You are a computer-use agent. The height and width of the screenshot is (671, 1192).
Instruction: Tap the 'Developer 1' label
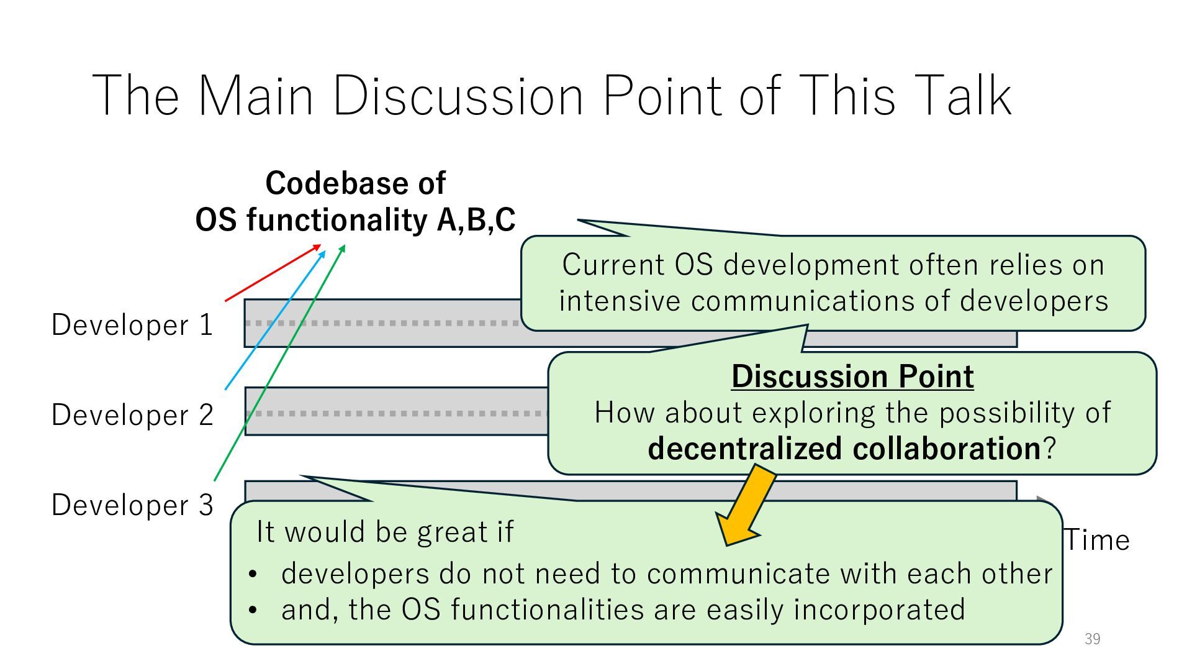coord(132,325)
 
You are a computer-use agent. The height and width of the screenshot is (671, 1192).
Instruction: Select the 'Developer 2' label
coord(132,415)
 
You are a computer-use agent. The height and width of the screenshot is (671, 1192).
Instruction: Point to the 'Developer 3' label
coord(132,504)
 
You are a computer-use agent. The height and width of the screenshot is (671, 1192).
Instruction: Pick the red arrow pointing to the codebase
coord(273,273)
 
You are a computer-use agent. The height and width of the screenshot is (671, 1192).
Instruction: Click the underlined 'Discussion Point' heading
coord(852,377)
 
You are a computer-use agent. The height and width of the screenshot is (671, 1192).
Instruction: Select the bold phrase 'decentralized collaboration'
coord(843,449)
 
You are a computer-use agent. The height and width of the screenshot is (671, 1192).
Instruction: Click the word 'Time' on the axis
coord(1097,540)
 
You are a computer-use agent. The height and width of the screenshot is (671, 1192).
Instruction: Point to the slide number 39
coord(1092,639)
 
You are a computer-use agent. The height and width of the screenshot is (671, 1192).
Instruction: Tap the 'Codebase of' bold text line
coord(355,183)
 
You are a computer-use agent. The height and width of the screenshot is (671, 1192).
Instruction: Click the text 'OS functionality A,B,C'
coord(355,220)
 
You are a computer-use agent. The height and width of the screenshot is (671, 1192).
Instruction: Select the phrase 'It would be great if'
coord(385,532)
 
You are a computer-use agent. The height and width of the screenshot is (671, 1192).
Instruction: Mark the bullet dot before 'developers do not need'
coord(252,575)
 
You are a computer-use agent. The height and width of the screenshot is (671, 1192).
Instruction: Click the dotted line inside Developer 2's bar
coord(397,413)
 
